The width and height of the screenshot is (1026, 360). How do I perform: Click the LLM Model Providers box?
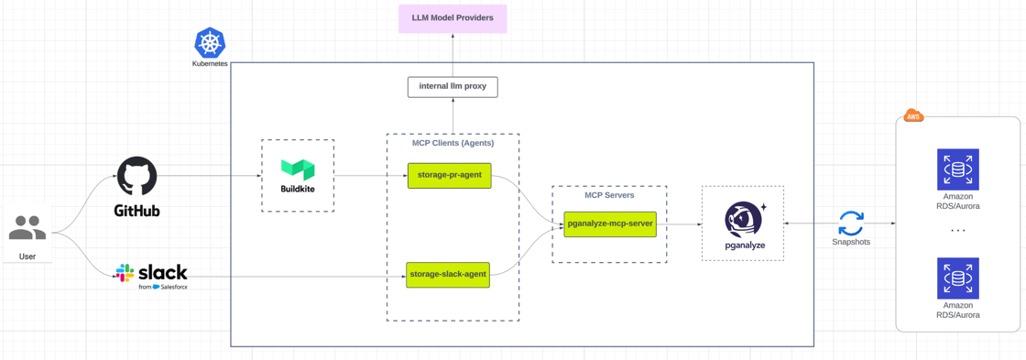pos(453,18)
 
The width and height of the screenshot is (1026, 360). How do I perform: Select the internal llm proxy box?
pos(453,87)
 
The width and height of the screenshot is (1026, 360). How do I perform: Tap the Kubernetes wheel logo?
pos(210,43)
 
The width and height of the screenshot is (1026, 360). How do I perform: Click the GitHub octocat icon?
pos(136,176)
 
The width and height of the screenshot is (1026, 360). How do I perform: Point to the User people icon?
pos(27,228)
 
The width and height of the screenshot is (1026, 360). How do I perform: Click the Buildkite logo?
pos(298,169)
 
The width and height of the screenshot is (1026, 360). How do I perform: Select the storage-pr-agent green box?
pos(449,175)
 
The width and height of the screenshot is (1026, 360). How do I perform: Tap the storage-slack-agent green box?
pos(448,275)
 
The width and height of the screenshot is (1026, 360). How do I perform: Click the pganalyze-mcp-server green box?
pos(610,224)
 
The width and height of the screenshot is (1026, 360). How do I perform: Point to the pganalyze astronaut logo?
pos(743,220)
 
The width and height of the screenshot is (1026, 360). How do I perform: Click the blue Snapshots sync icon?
pos(851,223)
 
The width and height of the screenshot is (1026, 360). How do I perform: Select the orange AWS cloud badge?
pos(913,115)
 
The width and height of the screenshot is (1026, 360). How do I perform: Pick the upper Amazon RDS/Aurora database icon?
pos(957,169)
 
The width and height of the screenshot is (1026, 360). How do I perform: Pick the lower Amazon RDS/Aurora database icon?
pos(957,278)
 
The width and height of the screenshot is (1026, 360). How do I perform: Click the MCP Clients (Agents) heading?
pos(453,143)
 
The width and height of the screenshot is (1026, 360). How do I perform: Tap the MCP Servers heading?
pos(609,195)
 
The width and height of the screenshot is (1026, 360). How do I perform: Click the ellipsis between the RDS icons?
pos(957,231)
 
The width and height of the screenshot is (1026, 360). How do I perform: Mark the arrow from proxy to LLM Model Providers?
pos(453,55)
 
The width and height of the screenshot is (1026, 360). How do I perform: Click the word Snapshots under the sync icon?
pos(851,243)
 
